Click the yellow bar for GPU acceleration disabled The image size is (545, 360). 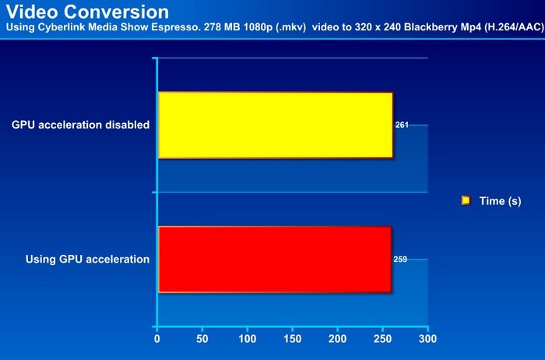coord(276,125)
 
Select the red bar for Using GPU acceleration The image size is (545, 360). coord(275,259)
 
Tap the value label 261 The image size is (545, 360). coord(402,125)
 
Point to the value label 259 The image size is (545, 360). coord(400,259)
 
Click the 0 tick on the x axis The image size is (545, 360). coord(157,339)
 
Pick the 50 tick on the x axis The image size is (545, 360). coord(202,339)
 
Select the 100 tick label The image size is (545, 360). coord(247,339)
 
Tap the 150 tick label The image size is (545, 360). coord(292,339)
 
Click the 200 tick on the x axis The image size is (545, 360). coord(337,339)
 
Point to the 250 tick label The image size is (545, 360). coord(382,339)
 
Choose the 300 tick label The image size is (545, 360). coord(427,339)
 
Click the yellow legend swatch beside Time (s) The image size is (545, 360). coord(466,201)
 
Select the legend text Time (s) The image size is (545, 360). coord(500,201)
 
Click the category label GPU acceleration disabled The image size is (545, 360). coord(81,125)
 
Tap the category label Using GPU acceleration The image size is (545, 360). coord(87,259)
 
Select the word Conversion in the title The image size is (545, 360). coord(117,12)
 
